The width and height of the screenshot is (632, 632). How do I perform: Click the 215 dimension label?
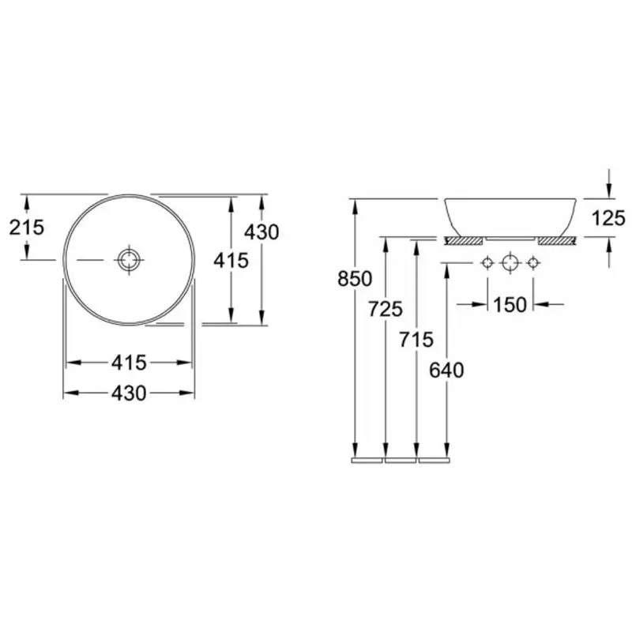[x=27, y=228]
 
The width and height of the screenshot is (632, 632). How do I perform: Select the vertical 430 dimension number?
[x=261, y=232]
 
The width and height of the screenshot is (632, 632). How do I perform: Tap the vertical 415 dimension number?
[x=231, y=261]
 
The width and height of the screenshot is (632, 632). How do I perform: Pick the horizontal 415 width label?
[x=129, y=363]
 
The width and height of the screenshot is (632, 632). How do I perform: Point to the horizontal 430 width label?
[x=129, y=393]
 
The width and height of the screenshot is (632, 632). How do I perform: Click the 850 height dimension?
[x=355, y=279]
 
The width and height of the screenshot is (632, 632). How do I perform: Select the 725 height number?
[x=386, y=309]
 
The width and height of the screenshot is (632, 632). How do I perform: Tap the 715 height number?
[x=416, y=340]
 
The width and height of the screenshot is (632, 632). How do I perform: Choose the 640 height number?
[x=446, y=370]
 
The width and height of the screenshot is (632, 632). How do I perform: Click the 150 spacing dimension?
[x=510, y=305]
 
